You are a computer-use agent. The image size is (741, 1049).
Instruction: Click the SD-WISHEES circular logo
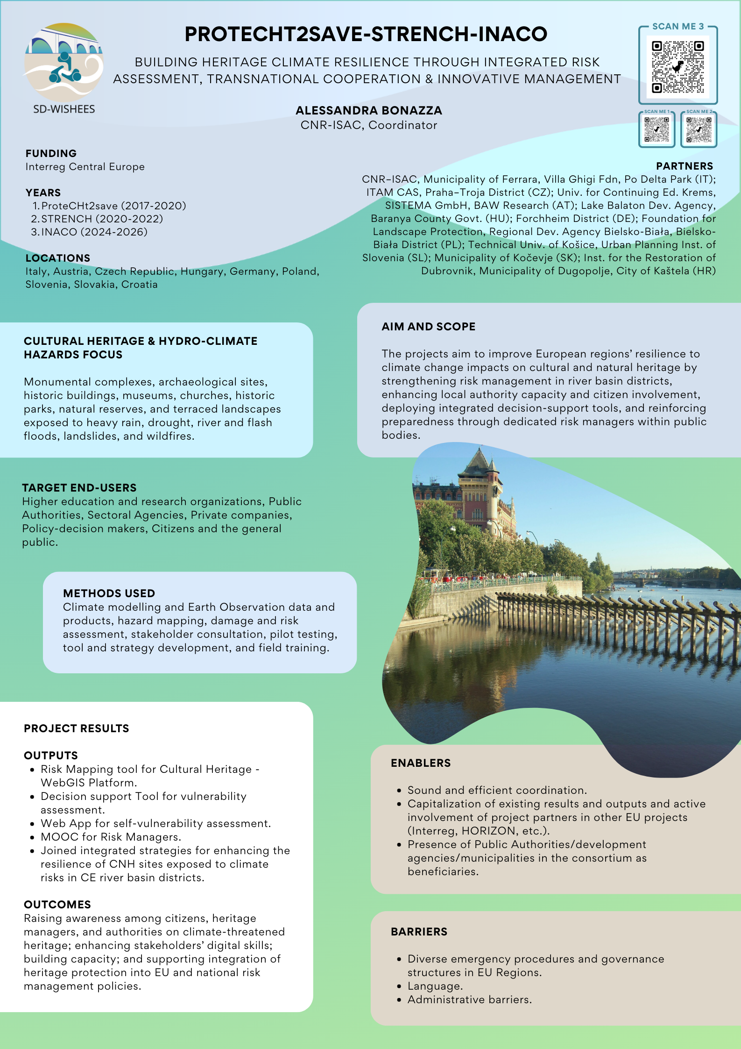pos(64,63)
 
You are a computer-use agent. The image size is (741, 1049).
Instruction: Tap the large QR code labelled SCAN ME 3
pos(677,66)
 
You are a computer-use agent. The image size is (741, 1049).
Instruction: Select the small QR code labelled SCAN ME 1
pos(656,129)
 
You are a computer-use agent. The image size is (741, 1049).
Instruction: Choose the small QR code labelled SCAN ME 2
pos(699,129)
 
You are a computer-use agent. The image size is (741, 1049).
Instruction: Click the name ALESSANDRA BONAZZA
pos(368,111)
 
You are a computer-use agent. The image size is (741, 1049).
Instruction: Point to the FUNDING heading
pos(51,153)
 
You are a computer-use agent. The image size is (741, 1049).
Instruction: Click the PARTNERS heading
pos(684,166)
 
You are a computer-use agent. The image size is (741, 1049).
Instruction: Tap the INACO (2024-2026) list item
pos(94,232)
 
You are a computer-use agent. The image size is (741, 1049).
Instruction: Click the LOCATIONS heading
pos(57,258)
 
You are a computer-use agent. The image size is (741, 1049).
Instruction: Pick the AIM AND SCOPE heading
pos(428,327)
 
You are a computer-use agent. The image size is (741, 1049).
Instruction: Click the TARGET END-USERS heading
pos(79,488)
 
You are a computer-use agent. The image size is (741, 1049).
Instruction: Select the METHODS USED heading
pos(109,593)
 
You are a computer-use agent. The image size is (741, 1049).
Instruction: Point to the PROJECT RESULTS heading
pos(76,728)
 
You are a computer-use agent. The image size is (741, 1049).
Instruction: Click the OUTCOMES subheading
pos(57,905)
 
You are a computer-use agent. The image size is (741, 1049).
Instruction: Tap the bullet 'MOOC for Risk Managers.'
pos(111,837)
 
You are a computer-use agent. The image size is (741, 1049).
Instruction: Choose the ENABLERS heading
pos(420,763)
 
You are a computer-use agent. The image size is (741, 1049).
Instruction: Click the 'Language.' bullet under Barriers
pos(435,986)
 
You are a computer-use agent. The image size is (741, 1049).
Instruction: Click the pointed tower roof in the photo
pos(479,460)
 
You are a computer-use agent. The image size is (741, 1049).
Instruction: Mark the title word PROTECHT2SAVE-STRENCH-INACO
pos(366,34)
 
